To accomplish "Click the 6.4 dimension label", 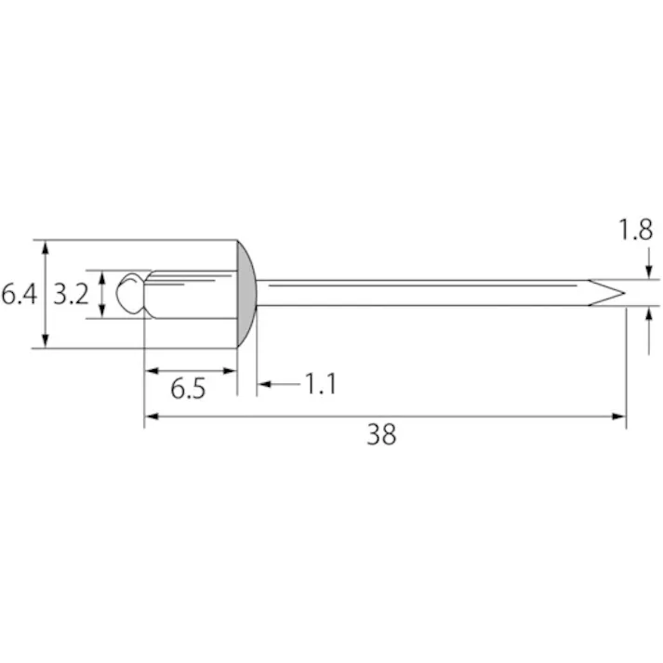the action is pos(19,294).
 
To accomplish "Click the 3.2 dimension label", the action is pos(71,294).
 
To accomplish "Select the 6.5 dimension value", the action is pos(188,389).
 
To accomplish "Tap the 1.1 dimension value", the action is pos(321,384).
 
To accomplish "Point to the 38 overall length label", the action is pos(381,434).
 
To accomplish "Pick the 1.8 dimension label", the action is pos(635,230).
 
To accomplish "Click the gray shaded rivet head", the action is pos(246,294).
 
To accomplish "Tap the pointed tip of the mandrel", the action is pos(625,293).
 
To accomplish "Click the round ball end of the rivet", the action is pos(129,294).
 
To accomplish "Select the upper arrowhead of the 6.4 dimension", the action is pos(46,247).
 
